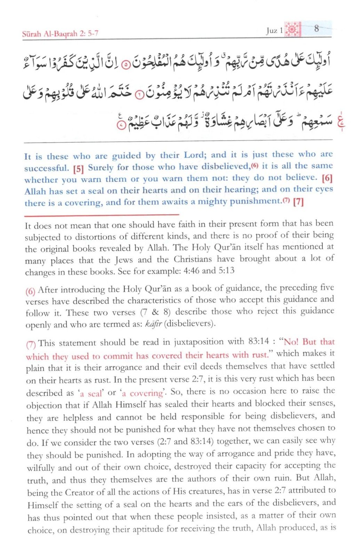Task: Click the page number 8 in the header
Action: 316,29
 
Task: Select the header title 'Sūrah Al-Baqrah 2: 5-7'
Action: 60,34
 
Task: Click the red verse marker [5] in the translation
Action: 79,169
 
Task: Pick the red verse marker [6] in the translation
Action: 327,178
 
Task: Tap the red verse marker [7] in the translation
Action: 298,202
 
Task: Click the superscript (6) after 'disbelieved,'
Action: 255,166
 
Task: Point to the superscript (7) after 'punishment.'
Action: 286,201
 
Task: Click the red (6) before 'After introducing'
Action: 30,291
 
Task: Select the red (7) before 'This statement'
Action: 31,345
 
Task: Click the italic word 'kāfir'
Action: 153,324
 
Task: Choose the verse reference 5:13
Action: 226,270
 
